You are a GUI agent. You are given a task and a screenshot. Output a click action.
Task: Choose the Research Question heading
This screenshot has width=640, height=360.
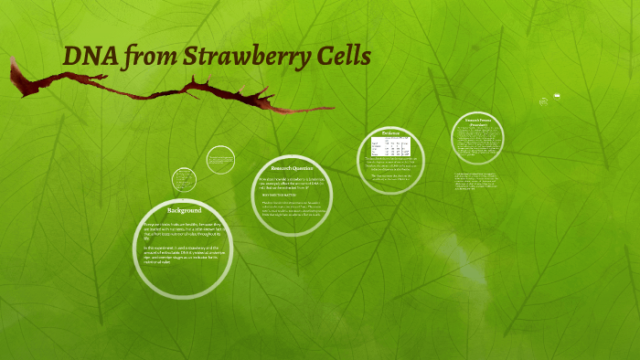[x=292, y=168]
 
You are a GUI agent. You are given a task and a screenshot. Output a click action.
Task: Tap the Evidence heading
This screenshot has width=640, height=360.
[x=390, y=133]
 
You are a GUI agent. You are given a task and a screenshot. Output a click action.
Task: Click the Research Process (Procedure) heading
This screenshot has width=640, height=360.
[x=479, y=122]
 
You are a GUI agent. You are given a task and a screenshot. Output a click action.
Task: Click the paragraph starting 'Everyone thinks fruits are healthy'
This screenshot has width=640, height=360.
[x=183, y=229]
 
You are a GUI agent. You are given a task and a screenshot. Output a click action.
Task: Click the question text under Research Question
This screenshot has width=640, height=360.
[x=292, y=182]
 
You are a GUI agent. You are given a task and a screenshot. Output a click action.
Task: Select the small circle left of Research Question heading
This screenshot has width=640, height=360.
[x=220, y=159]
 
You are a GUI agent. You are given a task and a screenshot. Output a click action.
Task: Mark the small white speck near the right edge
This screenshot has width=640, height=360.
[x=557, y=96]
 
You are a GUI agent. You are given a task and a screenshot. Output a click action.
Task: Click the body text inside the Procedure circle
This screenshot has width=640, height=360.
[x=479, y=143]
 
